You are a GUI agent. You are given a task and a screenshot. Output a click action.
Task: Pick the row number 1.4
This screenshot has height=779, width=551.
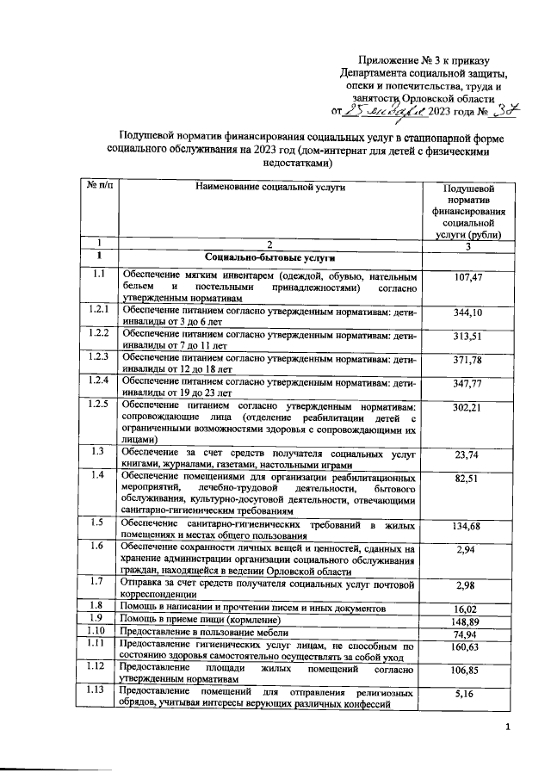[x=100, y=475]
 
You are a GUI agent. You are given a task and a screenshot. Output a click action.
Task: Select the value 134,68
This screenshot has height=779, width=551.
[x=469, y=526]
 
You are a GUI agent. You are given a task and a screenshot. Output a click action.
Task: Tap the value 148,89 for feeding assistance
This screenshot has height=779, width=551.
[x=469, y=621]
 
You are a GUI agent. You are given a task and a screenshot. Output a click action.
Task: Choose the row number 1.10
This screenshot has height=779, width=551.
[x=100, y=633]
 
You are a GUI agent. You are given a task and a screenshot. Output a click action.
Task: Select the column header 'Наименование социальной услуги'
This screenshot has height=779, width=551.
[x=269, y=187]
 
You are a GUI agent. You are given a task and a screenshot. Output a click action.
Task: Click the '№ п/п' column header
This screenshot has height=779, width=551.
[x=100, y=186]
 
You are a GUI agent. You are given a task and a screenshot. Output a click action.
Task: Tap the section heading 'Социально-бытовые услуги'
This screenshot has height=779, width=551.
[x=269, y=258]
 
